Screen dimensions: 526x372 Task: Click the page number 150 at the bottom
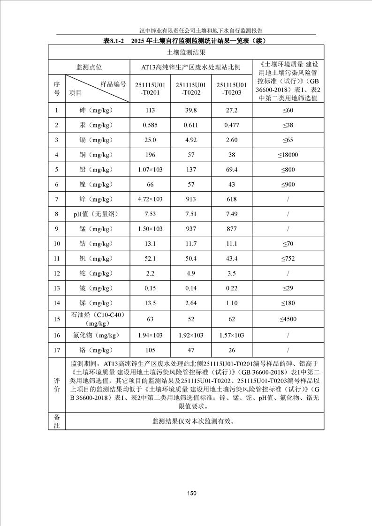click(191, 493)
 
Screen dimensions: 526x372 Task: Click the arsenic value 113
click(150, 110)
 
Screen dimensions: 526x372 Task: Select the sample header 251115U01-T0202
click(191, 89)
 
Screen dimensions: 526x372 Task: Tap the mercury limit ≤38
click(288, 125)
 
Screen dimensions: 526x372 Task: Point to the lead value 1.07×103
click(150, 170)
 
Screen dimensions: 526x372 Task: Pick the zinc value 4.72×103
click(150, 199)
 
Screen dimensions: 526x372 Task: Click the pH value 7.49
click(232, 214)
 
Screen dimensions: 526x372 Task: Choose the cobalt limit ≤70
click(288, 244)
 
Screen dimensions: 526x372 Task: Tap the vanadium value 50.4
click(191, 259)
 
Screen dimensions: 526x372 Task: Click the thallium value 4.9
click(191, 274)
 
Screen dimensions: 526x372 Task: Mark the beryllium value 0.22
click(232, 289)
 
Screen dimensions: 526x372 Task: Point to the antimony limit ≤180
click(288, 303)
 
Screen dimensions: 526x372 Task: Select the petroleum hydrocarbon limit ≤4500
click(288, 319)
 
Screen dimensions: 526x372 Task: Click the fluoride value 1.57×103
click(232, 335)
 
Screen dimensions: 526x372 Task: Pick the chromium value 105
click(150, 350)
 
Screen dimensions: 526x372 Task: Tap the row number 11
click(57, 259)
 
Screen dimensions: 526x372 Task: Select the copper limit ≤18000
click(288, 155)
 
